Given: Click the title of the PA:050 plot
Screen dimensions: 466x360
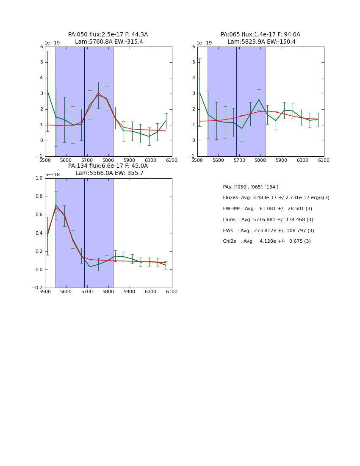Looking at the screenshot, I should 108,38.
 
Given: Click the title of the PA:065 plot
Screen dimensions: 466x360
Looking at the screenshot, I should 260,38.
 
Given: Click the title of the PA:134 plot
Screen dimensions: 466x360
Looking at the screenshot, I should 108,169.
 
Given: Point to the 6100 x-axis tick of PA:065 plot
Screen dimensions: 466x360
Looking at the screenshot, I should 324,160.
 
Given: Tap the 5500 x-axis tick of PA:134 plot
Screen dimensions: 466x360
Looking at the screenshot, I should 45,291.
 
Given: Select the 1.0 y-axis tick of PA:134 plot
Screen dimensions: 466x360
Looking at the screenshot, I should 39,178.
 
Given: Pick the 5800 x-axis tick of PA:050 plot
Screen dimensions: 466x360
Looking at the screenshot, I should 108,160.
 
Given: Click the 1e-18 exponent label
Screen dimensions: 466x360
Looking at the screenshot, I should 52,175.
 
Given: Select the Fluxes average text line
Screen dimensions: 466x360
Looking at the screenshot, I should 276,198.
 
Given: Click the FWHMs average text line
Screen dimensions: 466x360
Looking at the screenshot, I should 267,209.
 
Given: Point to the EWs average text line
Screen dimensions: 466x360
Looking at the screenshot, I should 268,231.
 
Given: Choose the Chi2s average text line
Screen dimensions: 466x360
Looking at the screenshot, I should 266,241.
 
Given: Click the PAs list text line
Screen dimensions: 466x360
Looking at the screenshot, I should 250,187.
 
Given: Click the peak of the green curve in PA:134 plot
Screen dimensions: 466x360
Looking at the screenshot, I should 56,205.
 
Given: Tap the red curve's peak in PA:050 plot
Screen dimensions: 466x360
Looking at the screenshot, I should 98,92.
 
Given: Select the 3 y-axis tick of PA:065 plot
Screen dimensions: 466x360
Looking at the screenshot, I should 194,94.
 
